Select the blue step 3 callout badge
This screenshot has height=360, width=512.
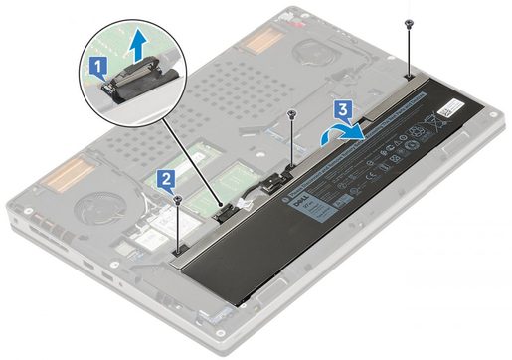coord(341,106)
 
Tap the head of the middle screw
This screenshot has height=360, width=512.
coord(290,113)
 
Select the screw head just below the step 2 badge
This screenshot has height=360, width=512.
coord(178,199)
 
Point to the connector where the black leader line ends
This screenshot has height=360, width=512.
coord(226,208)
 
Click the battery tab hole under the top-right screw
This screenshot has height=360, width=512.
coord(410,75)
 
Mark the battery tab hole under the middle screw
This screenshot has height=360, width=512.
coord(288,159)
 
